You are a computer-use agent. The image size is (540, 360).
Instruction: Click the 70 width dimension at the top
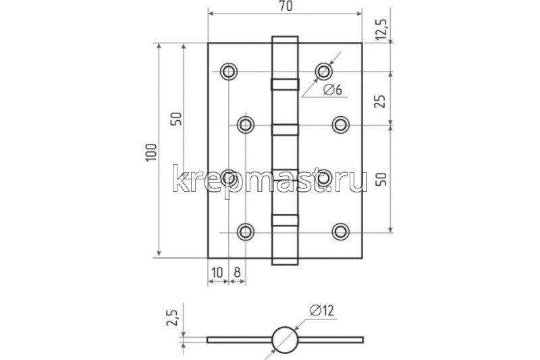(x=285, y=6)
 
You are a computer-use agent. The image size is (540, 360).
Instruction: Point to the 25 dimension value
(x=381, y=100)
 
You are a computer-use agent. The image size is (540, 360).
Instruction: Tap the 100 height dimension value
(x=150, y=152)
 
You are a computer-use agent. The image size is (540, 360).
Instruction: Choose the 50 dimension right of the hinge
(x=381, y=180)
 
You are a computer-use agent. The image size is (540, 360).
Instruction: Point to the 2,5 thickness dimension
(x=172, y=316)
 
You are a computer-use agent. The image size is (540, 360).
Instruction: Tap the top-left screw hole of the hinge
(x=229, y=71)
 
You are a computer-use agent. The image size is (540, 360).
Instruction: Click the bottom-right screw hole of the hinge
(x=340, y=232)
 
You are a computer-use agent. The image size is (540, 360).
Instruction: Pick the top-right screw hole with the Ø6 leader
(x=325, y=71)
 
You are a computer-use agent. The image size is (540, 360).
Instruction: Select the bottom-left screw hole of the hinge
(x=246, y=232)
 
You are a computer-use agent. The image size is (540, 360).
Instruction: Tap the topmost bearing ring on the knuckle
(x=285, y=84)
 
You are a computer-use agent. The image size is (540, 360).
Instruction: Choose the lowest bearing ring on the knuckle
(x=285, y=219)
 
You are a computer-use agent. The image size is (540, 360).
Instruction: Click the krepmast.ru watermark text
(x=270, y=180)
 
